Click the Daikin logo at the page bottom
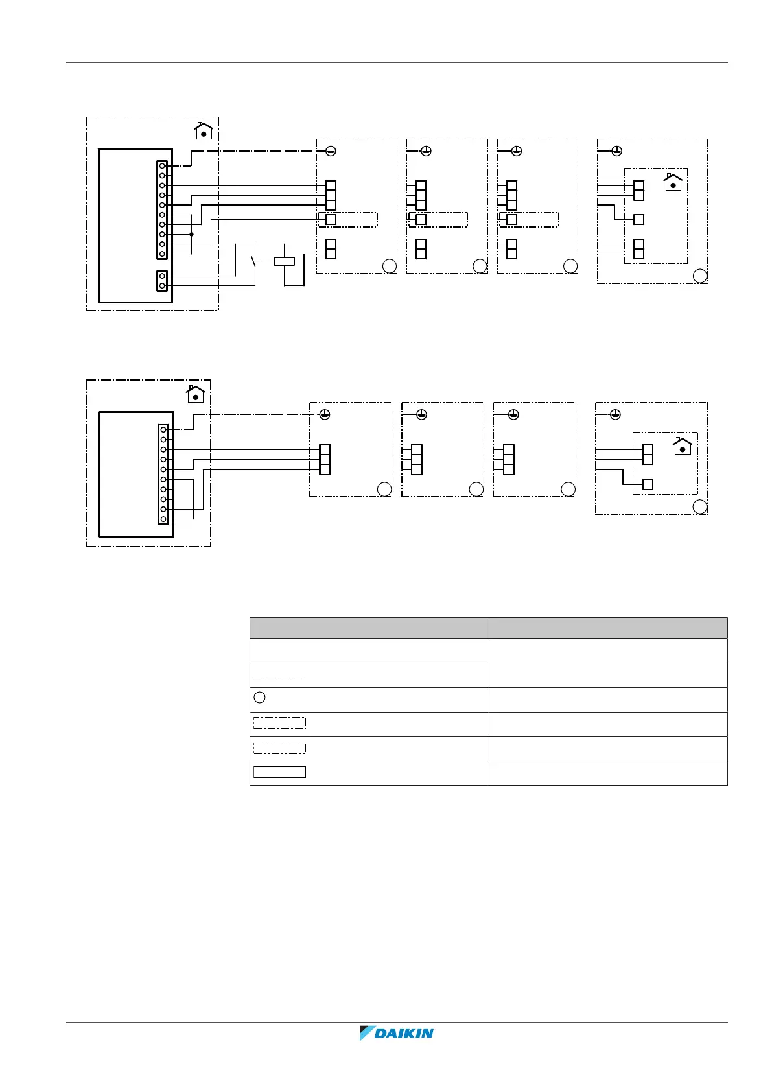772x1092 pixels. point(397,1033)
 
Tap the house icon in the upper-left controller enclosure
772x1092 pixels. point(204,131)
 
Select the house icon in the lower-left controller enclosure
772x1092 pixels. point(196,394)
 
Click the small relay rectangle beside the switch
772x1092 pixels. point(284,261)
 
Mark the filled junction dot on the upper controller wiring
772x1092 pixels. point(191,234)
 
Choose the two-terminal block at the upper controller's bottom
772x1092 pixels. point(162,281)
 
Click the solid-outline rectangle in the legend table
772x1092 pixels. point(279,772)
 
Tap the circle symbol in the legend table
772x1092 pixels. point(259,698)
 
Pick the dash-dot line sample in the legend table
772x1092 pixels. point(279,677)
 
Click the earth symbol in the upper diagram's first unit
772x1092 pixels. point(330,151)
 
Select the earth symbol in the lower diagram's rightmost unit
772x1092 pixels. point(616,414)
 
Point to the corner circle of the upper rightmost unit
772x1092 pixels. point(700,276)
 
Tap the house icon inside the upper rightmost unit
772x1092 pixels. point(673,182)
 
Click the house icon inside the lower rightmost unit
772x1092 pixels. point(682,446)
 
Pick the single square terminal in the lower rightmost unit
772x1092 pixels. point(648,484)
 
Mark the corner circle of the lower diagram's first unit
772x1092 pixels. point(384,490)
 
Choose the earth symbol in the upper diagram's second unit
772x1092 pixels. point(426,151)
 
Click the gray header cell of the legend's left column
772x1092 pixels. point(369,628)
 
